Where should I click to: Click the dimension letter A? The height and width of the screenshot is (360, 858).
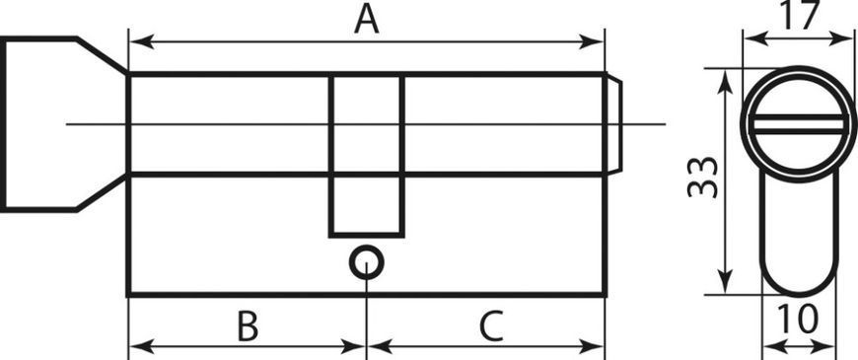pos(367,21)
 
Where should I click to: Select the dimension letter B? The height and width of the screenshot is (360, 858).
pos(248,325)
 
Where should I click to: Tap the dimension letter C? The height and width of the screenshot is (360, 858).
pos(491,325)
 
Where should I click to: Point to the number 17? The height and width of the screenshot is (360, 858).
pos(800,16)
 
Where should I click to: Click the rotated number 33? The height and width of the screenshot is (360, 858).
pos(702,178)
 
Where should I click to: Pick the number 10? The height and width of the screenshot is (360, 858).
pos(799,319)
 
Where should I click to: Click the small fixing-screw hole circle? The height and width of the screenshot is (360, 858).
pos(366,262)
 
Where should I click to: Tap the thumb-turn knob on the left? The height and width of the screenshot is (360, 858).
pos(63,124)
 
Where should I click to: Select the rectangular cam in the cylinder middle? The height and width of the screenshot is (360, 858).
pos(367,156)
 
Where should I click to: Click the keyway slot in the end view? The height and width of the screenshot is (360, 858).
pos(799,124)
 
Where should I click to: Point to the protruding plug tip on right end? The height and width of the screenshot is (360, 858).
pos(614,124)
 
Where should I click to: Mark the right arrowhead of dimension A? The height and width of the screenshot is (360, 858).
pos(592,41)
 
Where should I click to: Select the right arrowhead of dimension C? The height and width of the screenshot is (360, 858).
pos(592,346)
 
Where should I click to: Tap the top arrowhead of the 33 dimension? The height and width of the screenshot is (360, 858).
pos(725,82)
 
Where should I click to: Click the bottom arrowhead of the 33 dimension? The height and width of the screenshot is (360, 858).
pos(725,281)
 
